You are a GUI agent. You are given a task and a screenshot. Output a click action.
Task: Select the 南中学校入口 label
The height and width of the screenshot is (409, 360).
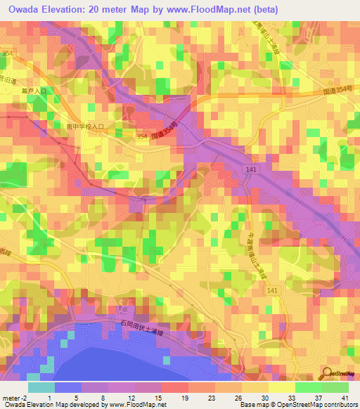(x=84, y=126)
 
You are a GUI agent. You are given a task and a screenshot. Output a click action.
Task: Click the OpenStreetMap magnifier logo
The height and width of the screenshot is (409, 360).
(x=330, y=374)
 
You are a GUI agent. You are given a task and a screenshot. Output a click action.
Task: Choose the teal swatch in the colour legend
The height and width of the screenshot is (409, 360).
(x=41, y=387)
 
